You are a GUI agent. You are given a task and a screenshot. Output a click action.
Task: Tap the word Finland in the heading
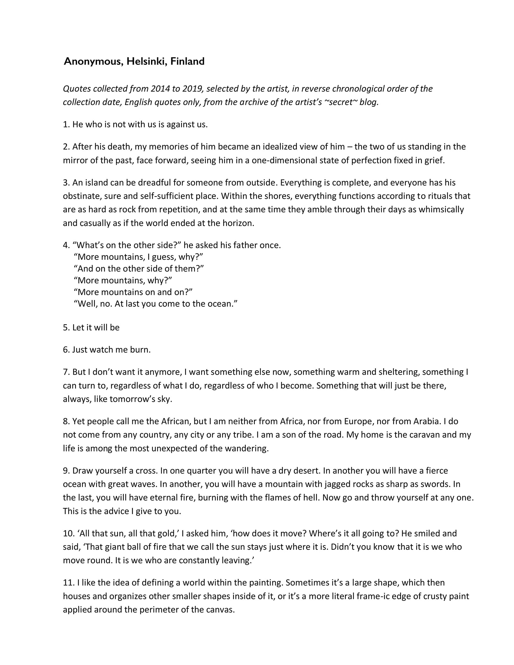tap(187, 61)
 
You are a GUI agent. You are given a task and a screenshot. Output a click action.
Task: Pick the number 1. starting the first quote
tap(66, 124)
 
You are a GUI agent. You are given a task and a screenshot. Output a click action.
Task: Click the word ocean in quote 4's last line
tap(223, 304)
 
